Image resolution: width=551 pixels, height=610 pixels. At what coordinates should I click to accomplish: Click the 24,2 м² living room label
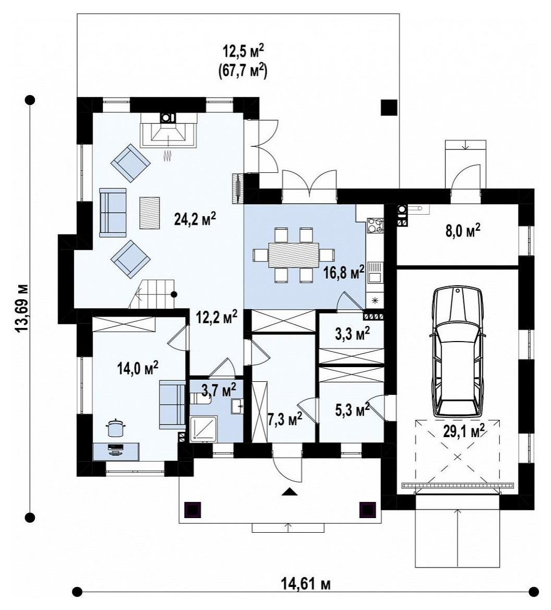[195, 219]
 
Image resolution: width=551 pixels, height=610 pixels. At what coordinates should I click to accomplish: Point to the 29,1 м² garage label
[463, 430]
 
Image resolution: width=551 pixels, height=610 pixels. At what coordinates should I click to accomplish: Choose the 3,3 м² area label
[352, 333]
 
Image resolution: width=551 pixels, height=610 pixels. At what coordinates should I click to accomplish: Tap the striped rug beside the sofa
[149, 213]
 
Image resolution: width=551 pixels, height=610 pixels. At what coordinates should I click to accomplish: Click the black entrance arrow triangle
[290, 492]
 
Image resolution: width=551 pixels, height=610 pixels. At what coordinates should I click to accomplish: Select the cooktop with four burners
[375, 225]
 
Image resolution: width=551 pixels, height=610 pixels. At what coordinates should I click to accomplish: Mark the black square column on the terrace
[389, 108]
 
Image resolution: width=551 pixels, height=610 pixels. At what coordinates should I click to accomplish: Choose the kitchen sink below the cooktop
[375, 273]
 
